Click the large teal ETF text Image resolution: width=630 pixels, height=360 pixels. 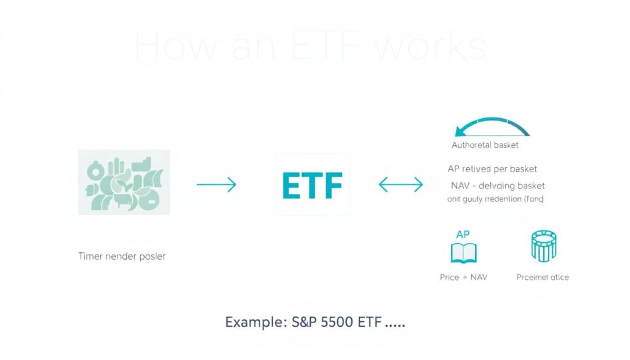(313, 185)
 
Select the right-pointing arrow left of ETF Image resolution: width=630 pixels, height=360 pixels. (216, 184)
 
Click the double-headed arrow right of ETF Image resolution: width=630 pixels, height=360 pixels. (401, 184)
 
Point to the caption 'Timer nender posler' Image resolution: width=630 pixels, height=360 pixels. (122, 256)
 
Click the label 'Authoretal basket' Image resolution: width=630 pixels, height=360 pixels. (485, 145)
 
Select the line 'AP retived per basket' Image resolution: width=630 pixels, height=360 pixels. (492, 169)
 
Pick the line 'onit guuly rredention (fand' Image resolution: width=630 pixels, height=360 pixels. (495, 199)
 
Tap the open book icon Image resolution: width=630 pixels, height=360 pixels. (463, 252)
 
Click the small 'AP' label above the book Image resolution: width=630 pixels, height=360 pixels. (463, 234)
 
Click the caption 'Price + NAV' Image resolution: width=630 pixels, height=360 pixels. (463, 277)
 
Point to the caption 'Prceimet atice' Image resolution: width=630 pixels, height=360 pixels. (543, 277)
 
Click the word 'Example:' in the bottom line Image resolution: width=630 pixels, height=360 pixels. (251, 322)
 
